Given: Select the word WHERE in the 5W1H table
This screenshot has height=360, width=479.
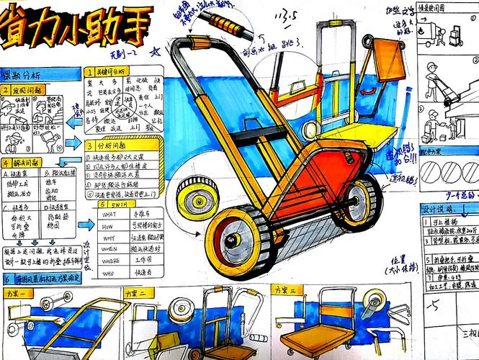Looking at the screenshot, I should tap(109, 248).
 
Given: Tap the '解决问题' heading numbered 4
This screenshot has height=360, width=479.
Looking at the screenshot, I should tap(22, 163).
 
